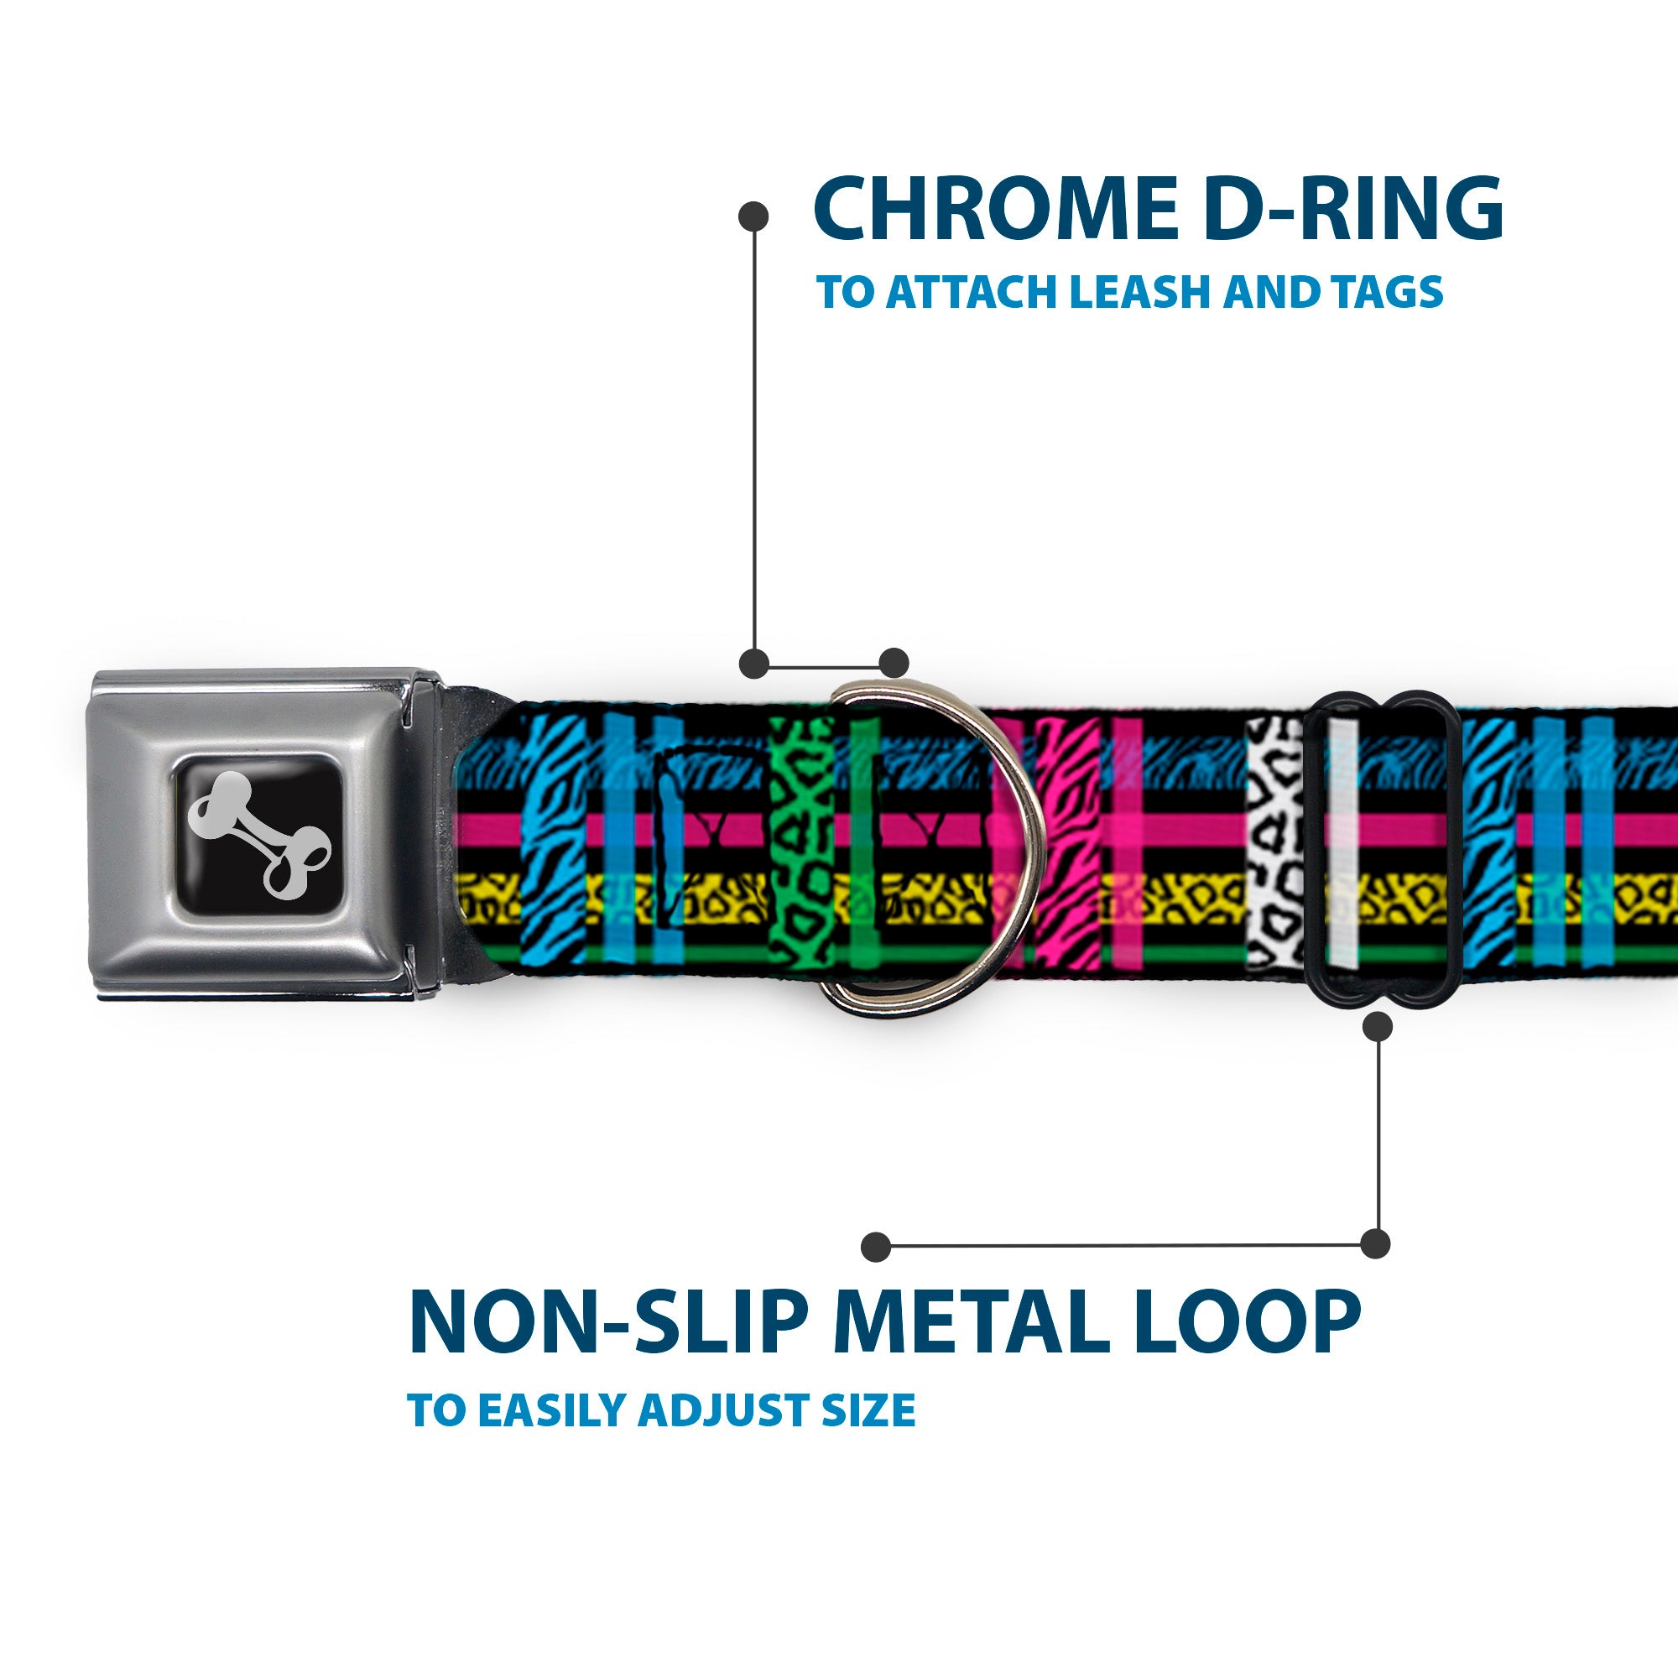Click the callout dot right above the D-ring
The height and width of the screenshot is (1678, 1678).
tap(894, 663)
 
